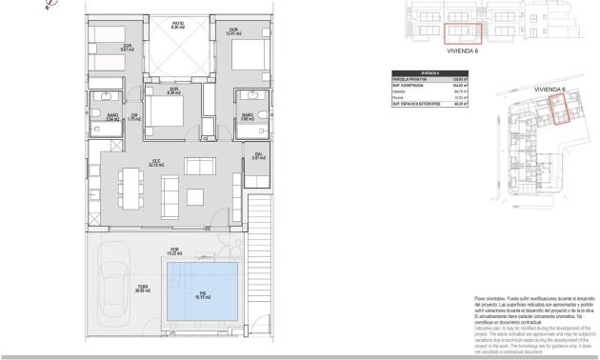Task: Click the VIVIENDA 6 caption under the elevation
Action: tap(463, 55)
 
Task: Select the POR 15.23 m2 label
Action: tap(175, 252)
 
